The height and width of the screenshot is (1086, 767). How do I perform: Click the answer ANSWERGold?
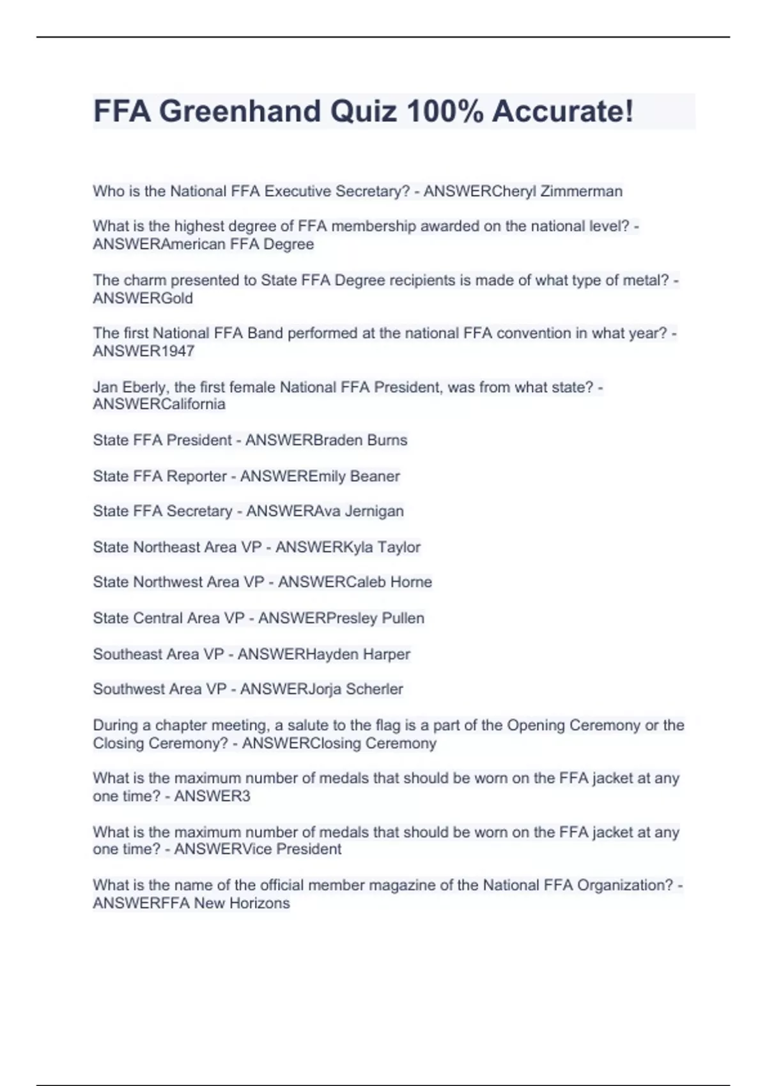click(x=143, y=298)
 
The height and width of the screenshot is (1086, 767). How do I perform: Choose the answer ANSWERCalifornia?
click(x=159, y=404)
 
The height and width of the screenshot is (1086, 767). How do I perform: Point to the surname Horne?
click(x=411, y=582)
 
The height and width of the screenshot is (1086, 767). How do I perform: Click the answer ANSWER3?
click(x=212, y=796)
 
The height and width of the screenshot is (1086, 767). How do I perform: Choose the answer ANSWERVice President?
click(x=258, y=849)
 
